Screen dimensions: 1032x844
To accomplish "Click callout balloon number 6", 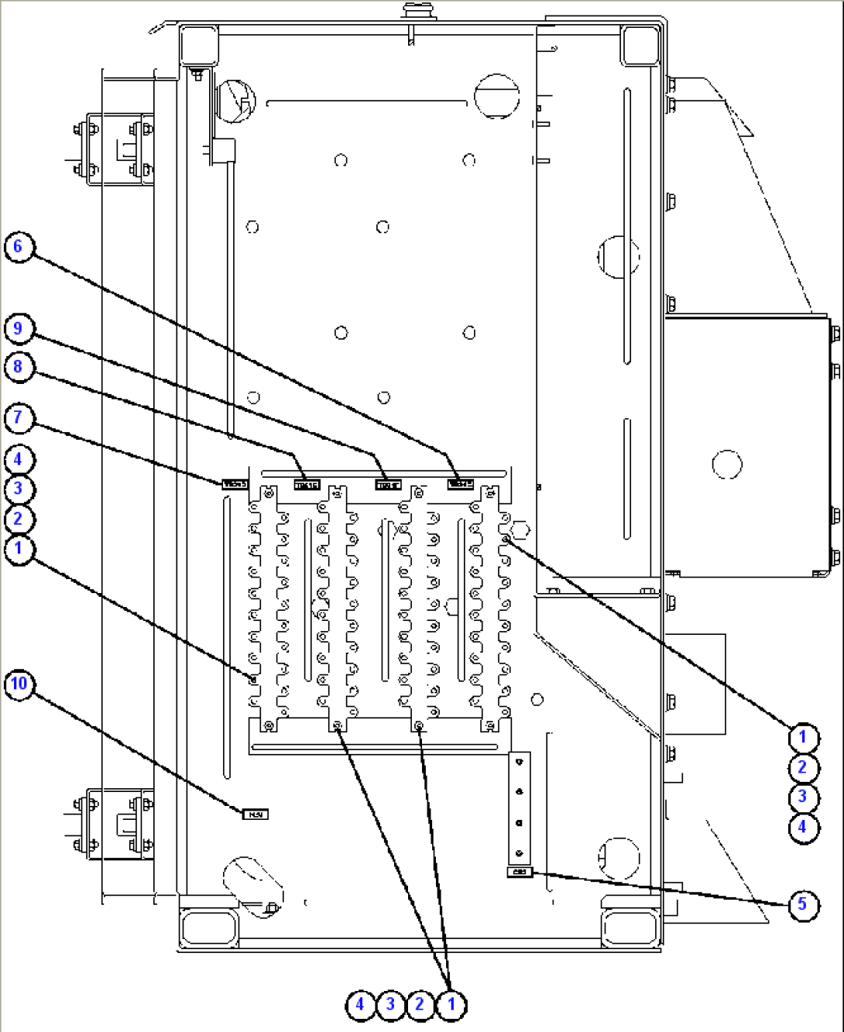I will click(x=19, y=248).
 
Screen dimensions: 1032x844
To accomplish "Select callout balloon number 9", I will click(x=19, y=328).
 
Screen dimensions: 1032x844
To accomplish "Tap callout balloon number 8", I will click(x=19, y=366).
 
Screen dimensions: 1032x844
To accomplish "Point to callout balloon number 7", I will click(x=19, y=418).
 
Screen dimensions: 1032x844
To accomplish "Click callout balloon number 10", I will click(x=19, y=684).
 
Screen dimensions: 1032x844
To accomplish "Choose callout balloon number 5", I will click(x=802, y=903).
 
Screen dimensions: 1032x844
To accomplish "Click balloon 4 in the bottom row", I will click(x=359, y=1005).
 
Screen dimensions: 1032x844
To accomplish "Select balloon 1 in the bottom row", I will click(x=451, y=1005).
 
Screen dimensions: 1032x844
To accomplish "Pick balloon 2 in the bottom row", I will click(x=420, y=1005).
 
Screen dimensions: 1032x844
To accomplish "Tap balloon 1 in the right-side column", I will click(x=802, y=737).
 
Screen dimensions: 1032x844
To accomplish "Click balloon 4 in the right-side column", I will click(x=802, y=827).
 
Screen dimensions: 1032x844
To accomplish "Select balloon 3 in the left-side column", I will click(x=19, y=489).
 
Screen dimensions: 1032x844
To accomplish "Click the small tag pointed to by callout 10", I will click(x=256, y=814).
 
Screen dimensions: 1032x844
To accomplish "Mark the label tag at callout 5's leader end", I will click(x=520, y=873).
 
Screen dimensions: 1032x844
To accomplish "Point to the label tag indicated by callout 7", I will click(x=235, y=485).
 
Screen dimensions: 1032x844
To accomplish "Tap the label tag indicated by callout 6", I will click(x=460, y=484).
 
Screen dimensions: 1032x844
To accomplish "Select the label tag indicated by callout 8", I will click(x=307, y=485).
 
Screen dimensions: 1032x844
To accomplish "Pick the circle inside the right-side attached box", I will click(x=726, y=465).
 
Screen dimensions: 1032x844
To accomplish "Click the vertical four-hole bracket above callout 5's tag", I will click(x=519, y=807).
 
